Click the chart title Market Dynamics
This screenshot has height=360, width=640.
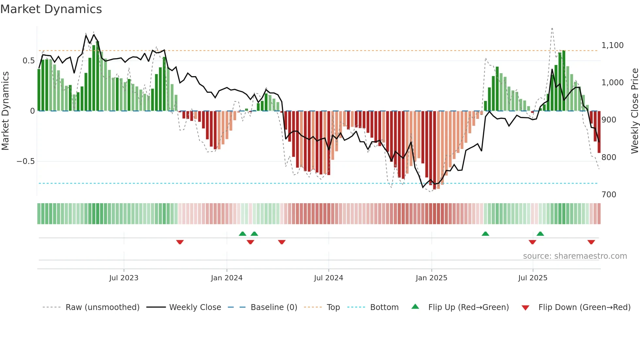(x=51, y=9)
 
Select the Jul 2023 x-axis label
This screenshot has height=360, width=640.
(x=124, y=278)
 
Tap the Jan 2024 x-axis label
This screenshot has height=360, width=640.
(x=227, y=278)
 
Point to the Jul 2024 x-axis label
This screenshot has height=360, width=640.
(x=328, y=278)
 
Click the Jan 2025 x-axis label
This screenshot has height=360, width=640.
(x=431, y=278)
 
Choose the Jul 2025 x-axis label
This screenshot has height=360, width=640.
(x=533, y=278)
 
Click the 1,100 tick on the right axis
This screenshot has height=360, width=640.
(x=612, y=45)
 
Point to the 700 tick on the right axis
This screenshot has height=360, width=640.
(x=609, y=195)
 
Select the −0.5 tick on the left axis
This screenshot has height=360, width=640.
(x=25, y=161)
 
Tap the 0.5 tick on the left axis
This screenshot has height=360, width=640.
(x=28, y=61)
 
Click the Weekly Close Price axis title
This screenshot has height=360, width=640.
(x=634, y=111)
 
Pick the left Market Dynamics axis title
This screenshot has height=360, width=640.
(x=5, y=111)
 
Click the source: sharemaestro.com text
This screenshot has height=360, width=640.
(x=575, y=256)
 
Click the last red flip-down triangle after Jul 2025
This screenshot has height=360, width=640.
(x=591, y=242)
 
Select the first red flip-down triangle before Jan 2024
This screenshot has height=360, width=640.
(x=180, y=242)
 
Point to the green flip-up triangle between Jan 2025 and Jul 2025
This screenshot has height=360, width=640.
(x=485, y=234)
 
